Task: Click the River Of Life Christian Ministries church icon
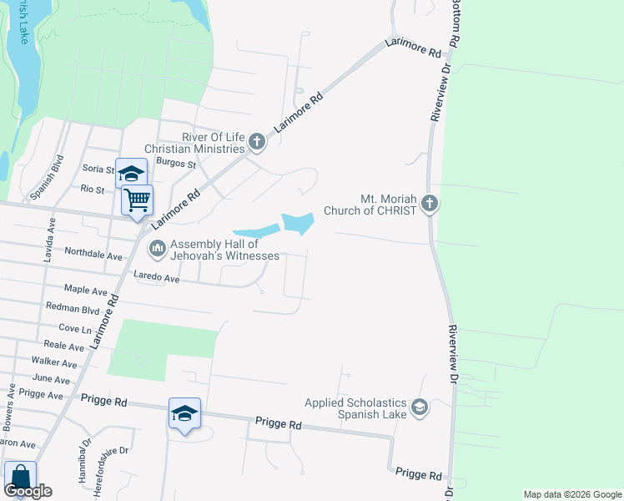click(257, 143)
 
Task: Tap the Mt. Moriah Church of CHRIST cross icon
click(429, 204)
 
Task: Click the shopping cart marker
click(137, 200)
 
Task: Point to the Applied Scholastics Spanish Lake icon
click(420, 407)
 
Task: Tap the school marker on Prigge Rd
click(184, 414)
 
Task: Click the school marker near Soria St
click(131, 174)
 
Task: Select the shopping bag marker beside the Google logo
click(19, 478)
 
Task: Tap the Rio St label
click(92, 190)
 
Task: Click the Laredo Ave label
click(157, 277)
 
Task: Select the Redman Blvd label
click(73, 308)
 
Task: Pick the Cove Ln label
click(76, 328)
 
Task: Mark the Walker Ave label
click(54, 362)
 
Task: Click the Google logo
click(28, 491)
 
